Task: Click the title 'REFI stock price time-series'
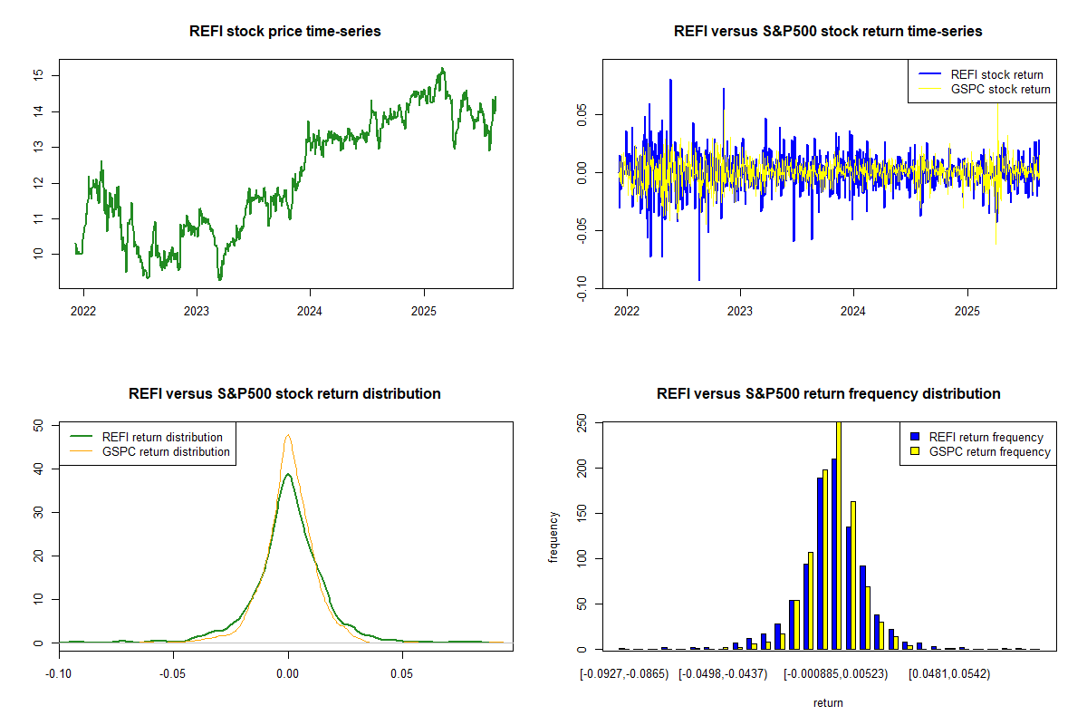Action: pyautogui.click(x=284, y=31)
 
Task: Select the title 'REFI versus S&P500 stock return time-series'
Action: pyautogui.click(x=828, y=31)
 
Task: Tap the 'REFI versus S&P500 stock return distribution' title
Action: pyautogui.click(x=284, y=393)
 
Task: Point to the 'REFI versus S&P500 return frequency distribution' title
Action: pyautogui.click(x=828, y=393)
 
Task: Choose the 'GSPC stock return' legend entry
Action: pyautogui.click(x=1000, y=89)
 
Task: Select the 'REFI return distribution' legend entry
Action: pyautogui.click(x=162, y=437)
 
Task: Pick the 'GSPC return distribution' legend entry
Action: pyautogui.click(x=166, y=451)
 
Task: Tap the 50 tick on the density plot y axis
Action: pyautogui.click(x=38, y=425)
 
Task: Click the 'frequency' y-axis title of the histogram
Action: pyautogui.click(x=553, y=536)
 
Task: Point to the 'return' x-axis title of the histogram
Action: pyautogui.click(x=828, y=702)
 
